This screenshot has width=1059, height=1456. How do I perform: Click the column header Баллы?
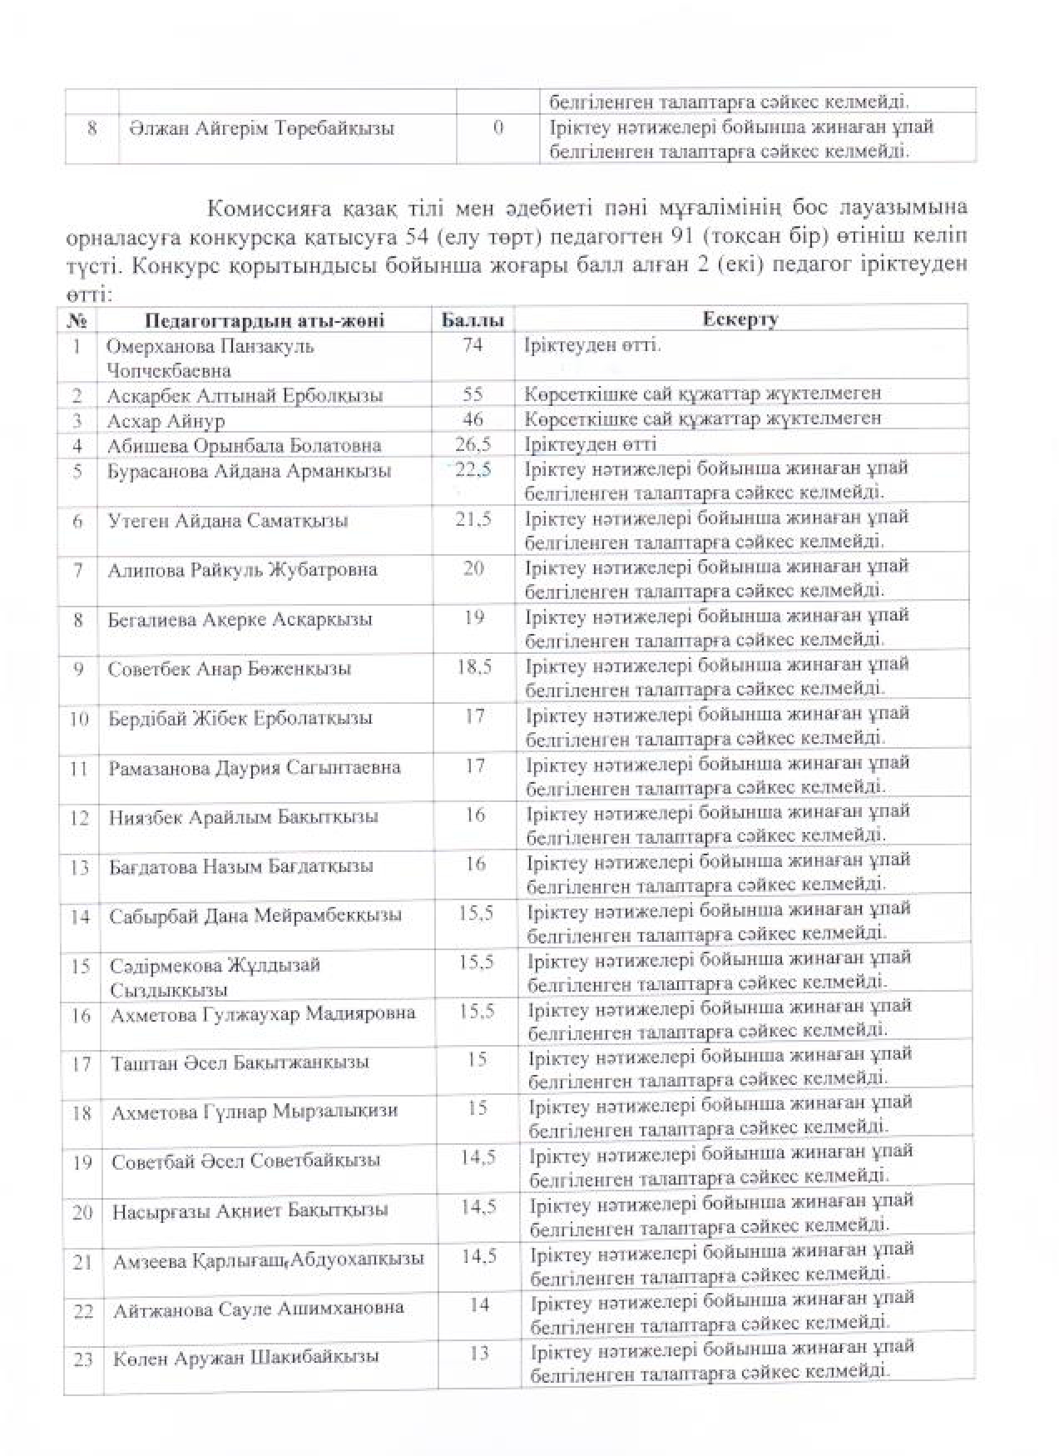coord(471,320)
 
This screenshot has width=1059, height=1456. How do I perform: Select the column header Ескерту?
coord(740,319)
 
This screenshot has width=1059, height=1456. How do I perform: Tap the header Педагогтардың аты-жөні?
coord(265,321)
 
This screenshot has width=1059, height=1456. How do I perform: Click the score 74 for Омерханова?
coord(472,345)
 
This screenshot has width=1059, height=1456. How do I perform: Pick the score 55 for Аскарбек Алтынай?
coord(472,394)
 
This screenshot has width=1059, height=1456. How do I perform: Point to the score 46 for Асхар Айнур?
coord(472,419)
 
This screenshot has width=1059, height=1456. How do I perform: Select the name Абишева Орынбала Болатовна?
coord(244,446)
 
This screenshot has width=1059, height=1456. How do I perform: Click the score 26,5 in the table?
coord(473,444)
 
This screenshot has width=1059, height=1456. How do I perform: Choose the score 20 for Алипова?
coord(473,569)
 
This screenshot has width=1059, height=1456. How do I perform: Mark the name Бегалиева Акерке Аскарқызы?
coord(240,620)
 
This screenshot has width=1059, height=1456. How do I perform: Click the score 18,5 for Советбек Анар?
coord(474,667)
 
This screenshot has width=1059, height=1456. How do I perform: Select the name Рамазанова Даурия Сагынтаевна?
coord(255,768)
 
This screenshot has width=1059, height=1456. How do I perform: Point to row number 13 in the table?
coord(80,868)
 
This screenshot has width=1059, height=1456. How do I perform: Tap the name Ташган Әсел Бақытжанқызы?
coord(240,1063)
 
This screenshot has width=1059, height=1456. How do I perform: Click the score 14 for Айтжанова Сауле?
coord(479,1305)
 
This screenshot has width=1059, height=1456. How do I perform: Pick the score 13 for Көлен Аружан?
coord(479,1354)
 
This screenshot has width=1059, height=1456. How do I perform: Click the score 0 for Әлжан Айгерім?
coord(497,128)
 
